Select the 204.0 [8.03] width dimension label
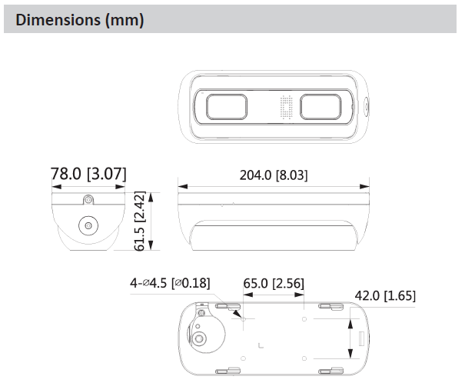(274, 175)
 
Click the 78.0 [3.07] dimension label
(88, 174)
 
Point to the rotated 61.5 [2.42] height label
(139, 222)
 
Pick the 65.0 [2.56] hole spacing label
(274, 284)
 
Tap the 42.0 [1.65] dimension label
(385, 296)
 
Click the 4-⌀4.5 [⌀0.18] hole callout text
(170, 284)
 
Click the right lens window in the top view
(322, 105)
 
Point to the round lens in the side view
(88, 226)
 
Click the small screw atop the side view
(88, 201)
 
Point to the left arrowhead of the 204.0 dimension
(181, 185)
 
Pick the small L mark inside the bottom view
(262, 343)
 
